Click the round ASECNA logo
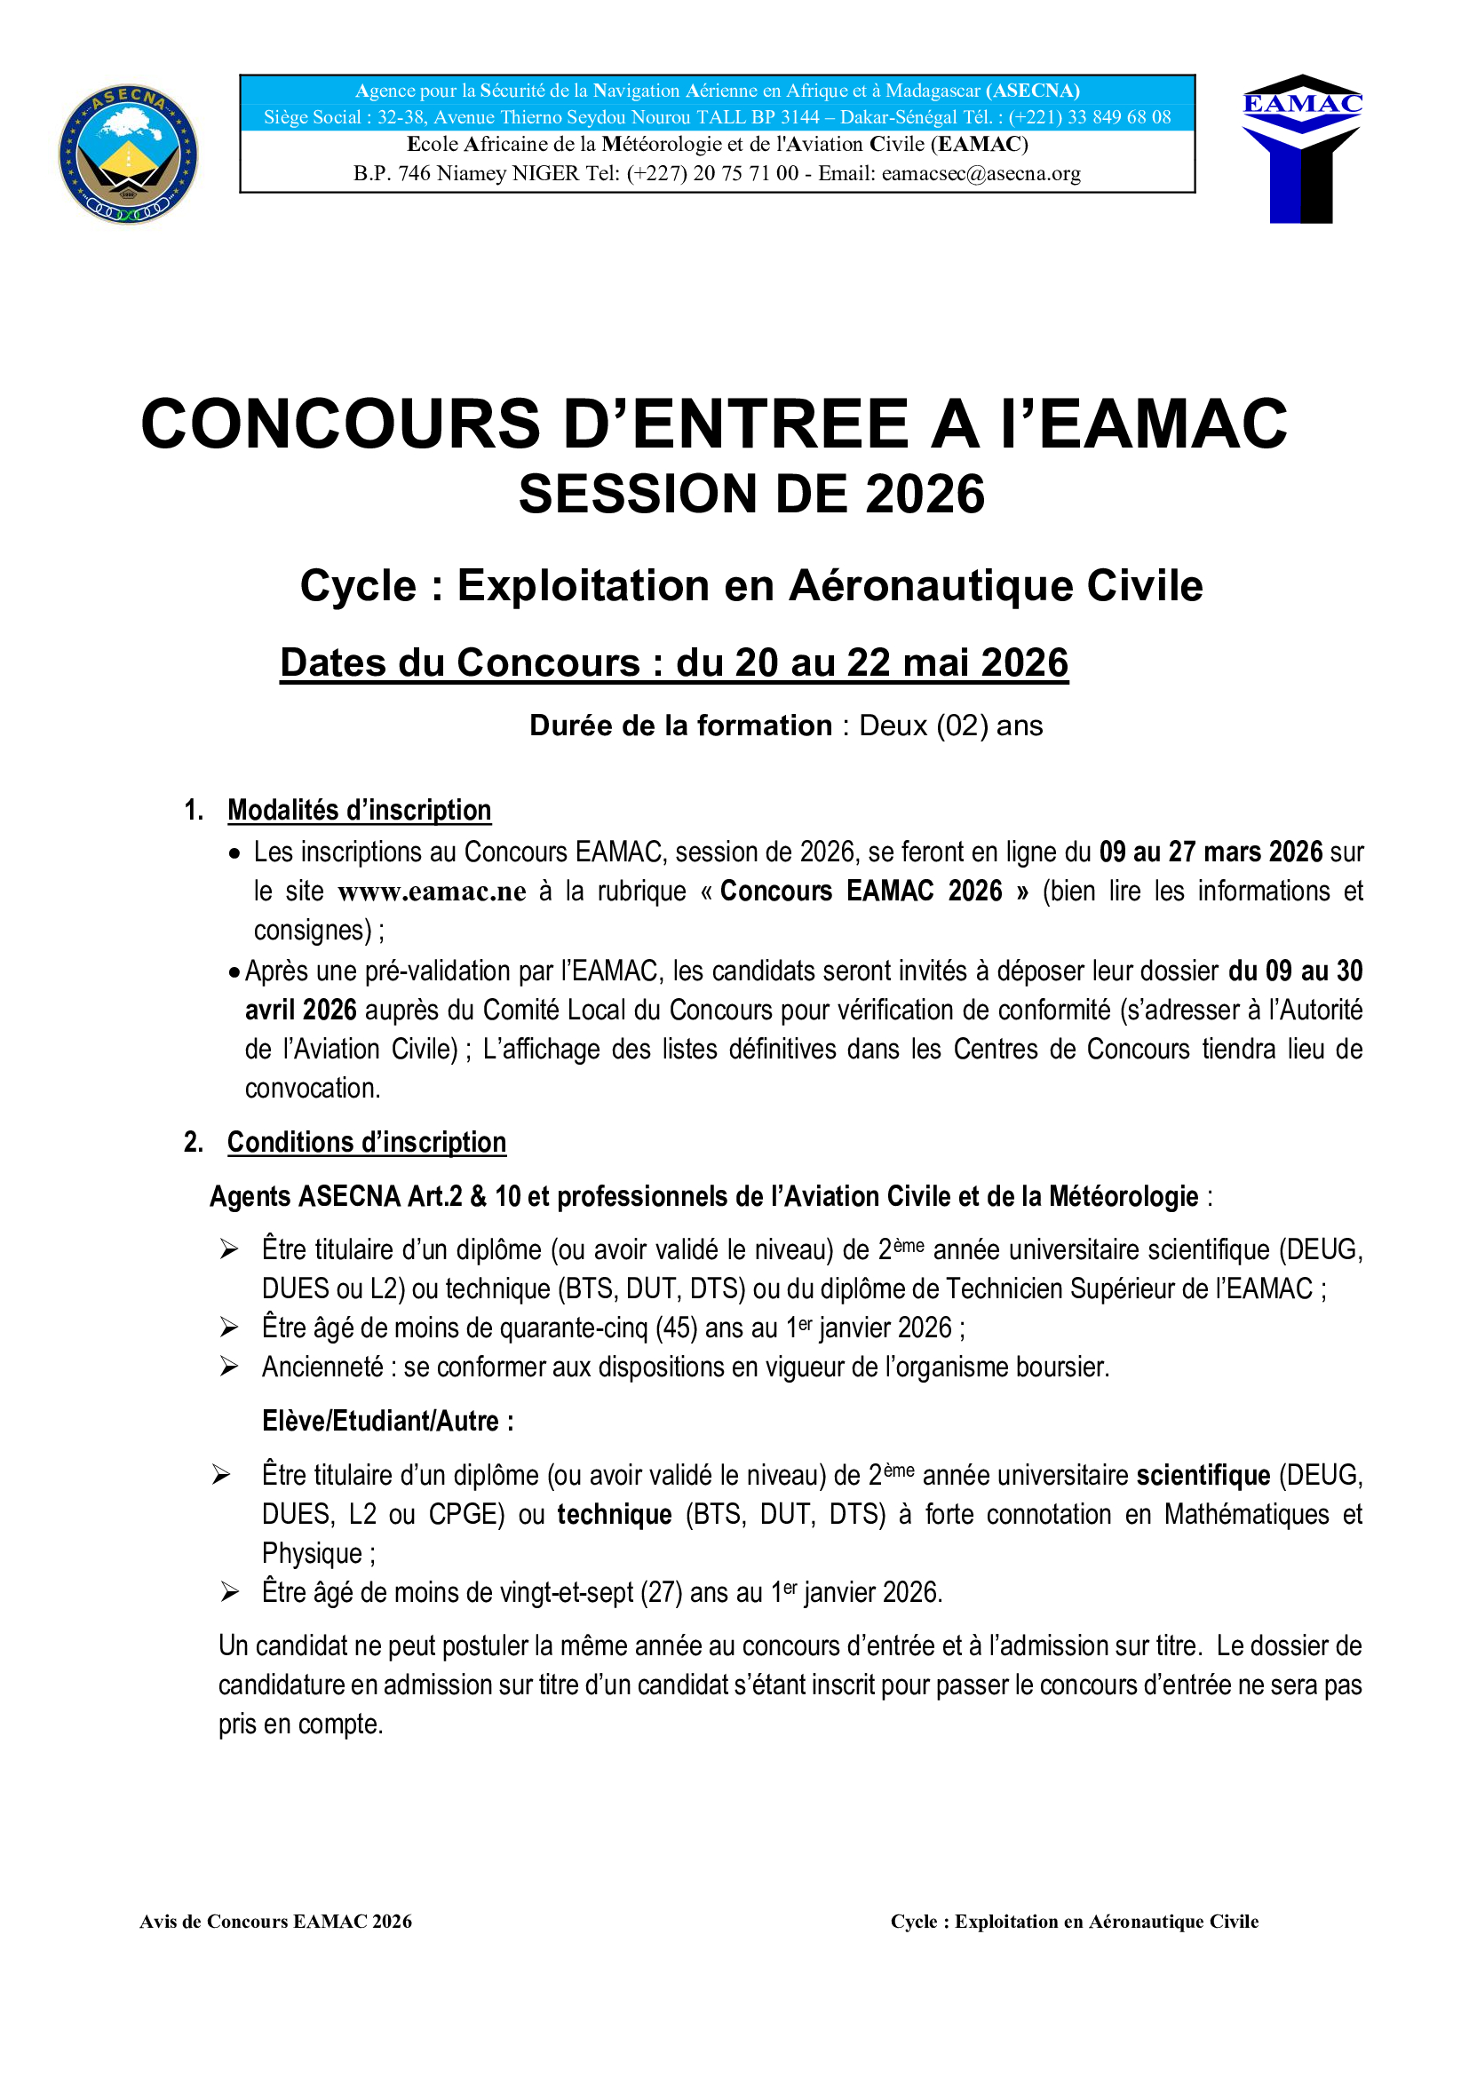129,155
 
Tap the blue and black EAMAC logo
1302,149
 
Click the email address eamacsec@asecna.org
981,174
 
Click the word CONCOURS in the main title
340,424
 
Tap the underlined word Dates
334,663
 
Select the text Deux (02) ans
949,725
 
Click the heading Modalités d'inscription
359,811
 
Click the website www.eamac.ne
432,892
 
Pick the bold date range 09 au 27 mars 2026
1211,852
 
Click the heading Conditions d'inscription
366,1143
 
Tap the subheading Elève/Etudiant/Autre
387,1421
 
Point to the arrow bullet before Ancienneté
229,1367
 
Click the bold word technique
615,1514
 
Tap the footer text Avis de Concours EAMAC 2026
276,1922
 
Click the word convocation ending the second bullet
313,1089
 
